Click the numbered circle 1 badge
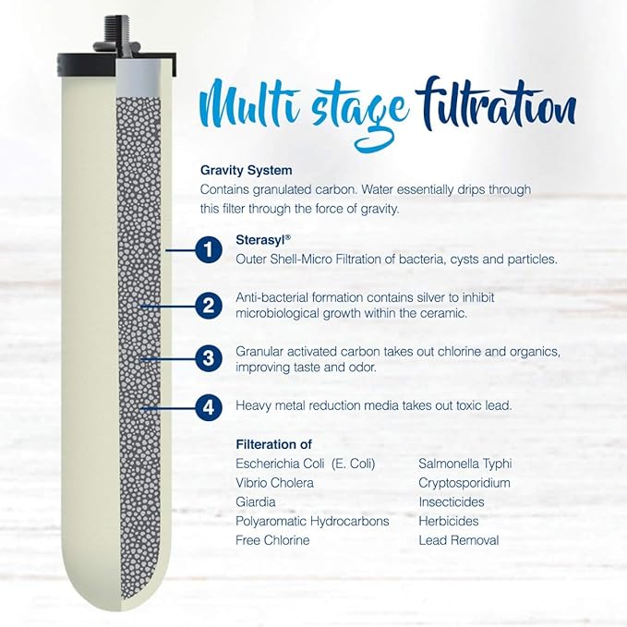tap(210, 249)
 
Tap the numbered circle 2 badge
tap(210, 305)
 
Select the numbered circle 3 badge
tap(210, 357)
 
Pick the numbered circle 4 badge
tap(210, 405)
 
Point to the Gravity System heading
tap(246, 170)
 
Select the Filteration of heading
tap(275, 443)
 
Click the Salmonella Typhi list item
tap(464, 464)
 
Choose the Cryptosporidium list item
tap(464, 483)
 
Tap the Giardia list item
tap(257, 502)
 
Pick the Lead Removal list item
tap(458, 540)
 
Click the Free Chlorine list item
tap(272, 540)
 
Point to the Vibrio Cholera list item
tap(274, 483)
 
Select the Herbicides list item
tap(450, 521)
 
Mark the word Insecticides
tap(451, 502)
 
